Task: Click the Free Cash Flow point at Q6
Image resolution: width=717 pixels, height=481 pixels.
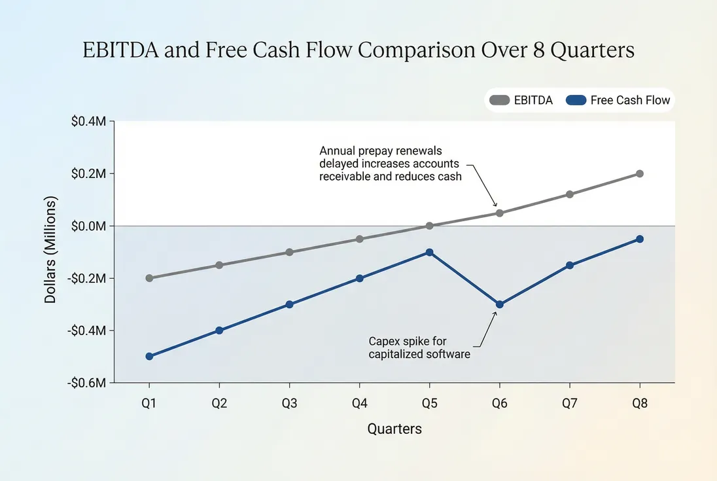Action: coord(500,304)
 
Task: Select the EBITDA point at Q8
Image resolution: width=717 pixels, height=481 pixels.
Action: coord(640,173)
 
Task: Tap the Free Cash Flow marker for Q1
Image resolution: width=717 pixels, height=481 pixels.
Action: coord(149,357)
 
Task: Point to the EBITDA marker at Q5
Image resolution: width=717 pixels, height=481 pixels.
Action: coord(430,226)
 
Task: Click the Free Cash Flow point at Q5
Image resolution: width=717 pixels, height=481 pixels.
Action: coord(430,252)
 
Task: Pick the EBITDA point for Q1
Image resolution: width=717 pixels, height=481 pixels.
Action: coord(149,278)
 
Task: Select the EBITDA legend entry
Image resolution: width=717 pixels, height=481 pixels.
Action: coord(521,100)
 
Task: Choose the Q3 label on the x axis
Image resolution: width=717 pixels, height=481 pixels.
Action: coord(289,404)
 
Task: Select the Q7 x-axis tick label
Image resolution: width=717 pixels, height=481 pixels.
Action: coord(570,404)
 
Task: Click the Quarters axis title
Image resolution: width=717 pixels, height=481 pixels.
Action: coord(394,429)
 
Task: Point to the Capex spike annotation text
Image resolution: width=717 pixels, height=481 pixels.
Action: coord(419,347)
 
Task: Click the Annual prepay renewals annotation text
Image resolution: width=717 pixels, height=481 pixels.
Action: coord(389,164)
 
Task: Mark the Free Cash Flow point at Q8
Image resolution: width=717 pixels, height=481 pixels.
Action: coord(640,239)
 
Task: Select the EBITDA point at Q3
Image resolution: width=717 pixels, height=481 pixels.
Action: coord(289,252)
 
